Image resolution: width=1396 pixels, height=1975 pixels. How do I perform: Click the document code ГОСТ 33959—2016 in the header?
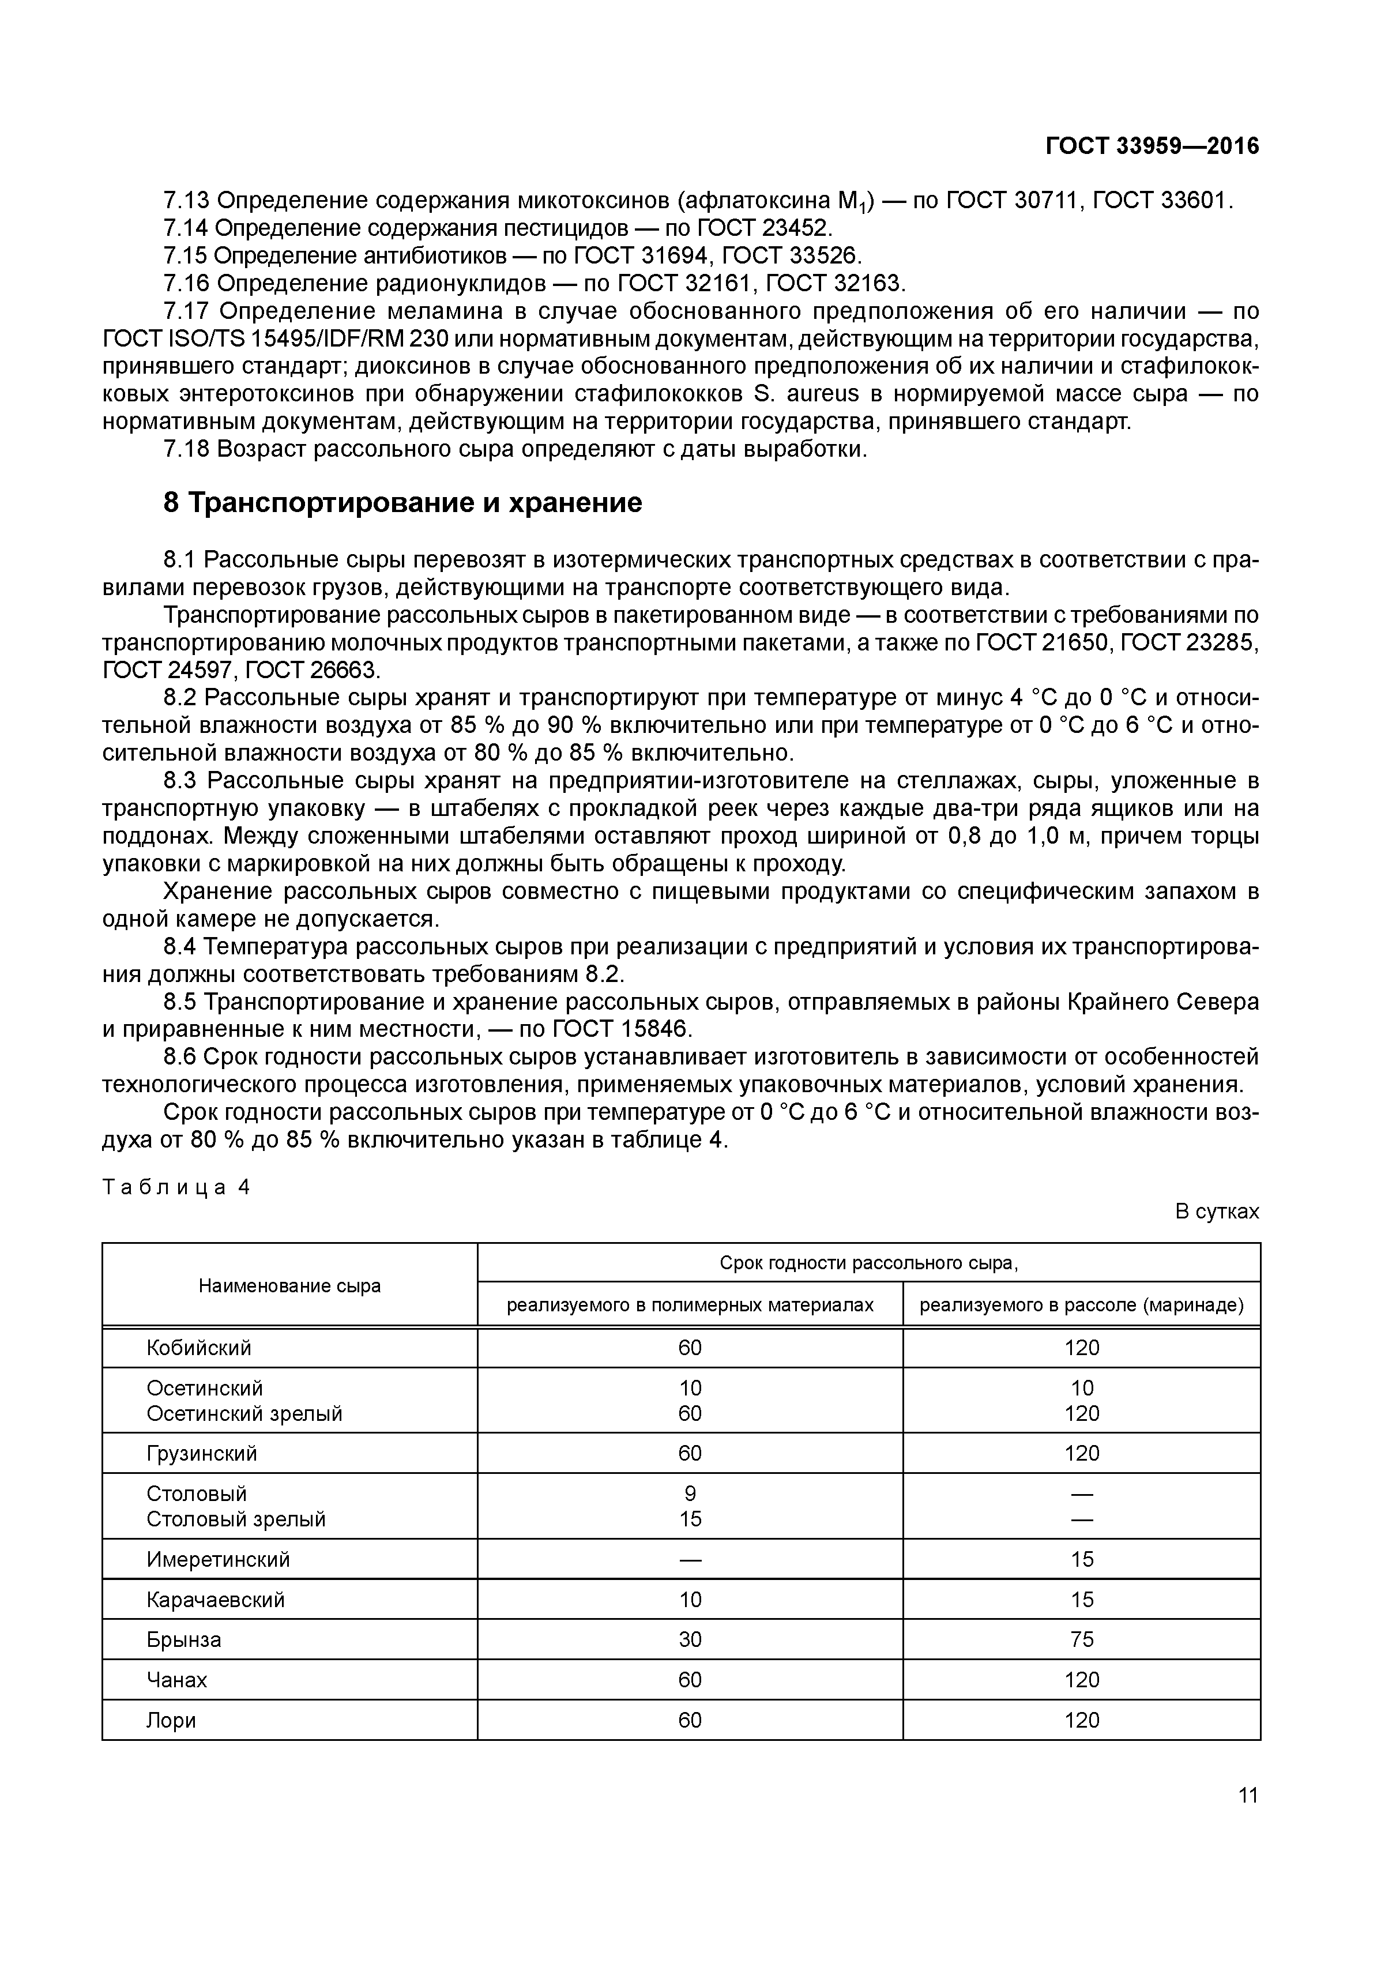click(1152, 146)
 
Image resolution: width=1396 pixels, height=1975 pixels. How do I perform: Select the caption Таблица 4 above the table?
click(175, 1187)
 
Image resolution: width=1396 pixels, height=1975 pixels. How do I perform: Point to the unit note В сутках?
click(1216, 1211)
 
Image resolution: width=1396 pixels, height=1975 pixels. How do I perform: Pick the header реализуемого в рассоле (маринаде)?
click(1081, 1305)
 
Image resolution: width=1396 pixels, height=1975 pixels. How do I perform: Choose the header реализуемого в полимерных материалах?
click(690, 1305)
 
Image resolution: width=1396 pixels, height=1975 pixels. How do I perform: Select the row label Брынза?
click(183, 1639)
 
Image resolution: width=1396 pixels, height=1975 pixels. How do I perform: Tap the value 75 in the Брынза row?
click(1081, 1639)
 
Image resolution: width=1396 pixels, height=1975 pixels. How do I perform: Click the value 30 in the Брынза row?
click(690, 1639)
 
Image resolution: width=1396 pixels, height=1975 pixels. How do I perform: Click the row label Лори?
click(171, 1720)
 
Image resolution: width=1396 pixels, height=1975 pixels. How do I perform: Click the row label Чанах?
click(176, 1679)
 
